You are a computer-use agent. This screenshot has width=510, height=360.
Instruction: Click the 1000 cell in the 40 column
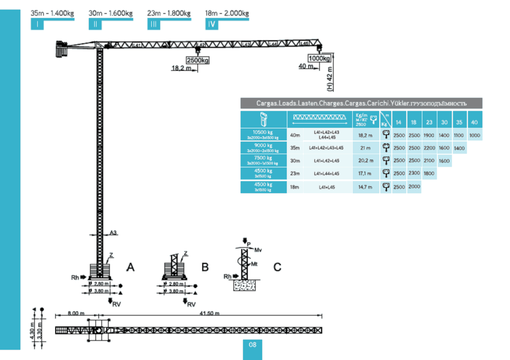[x=475, y=136]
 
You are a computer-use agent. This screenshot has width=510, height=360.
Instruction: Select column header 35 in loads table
[x=459, y=122]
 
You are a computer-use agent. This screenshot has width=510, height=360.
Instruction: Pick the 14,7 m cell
[x=365, y=187]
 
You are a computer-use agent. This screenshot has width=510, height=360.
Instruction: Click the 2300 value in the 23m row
[x=414, y=173]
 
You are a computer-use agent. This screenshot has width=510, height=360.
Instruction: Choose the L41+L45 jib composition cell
[x=328, y=187]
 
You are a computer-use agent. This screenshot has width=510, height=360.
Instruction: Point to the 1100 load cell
[x=459, y=136]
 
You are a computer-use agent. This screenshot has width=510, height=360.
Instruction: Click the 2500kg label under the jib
[x=197, y=61]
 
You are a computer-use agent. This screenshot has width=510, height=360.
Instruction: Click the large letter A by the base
[x=130, y=267]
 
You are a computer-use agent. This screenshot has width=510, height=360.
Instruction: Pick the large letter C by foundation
[x=277, y=267]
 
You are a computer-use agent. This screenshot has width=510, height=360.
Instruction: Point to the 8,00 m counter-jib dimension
[x=76, y=313]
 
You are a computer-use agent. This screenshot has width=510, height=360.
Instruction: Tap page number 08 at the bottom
[x=252, y=345]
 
